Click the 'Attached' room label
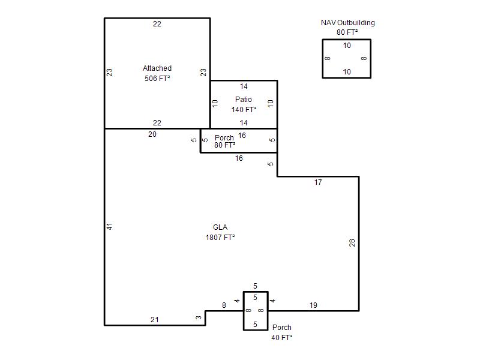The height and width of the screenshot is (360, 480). pyautogui.click(x=157, y=68)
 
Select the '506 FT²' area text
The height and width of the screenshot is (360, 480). pyautogui.click(x=157, y=79)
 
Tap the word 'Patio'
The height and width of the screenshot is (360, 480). pyautogui.click(x=244, y=100)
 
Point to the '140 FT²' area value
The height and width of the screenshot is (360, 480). pyautogui.click(x=244, y=110)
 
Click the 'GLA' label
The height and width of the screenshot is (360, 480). pyautogui.click(x=220, y=227)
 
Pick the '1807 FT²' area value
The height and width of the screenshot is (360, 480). pyautogui.click(x=220, y=237)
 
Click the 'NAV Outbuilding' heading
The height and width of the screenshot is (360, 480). pyautogui.click(x=348, y=23)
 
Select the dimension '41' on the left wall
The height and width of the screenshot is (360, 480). pyautogui.click(x=109, y=227)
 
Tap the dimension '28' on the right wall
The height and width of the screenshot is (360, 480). pyautogui.click(x=352, y=243)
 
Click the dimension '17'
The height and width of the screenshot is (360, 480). pyautogui.click(x=318, y=182)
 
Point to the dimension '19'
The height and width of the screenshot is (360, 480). pyautogui.click(x=313, y=305)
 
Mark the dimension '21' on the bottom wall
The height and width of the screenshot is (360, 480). pyautogui.click(x=155, y=320)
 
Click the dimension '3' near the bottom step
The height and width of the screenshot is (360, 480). pyautogui.click(x=199, y=318)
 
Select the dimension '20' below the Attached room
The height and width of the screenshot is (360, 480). pyautogui.click(x=152, y=134)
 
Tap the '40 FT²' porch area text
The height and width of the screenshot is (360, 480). pyautogui.click(x=281, y=337)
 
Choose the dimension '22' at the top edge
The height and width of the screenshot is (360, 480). pyautogui.click(x=157, y=24)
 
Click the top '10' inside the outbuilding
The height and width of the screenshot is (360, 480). pyautogui.click(x=347, y=46)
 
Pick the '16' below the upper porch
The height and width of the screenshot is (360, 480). pyautogui.click(x=239, y=158)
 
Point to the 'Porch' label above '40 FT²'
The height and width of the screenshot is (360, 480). pyautogui.click(x=281, y=328)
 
